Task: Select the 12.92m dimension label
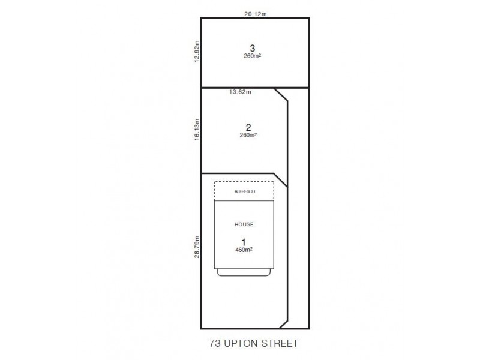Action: (x=196, y=52)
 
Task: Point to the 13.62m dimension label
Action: (x=241, y=92)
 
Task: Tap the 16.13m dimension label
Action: (x=196, y=129)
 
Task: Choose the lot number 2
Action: (x=248, y=127)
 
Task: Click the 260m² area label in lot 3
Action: (x=253, y=56)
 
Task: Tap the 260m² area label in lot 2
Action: (x=248, y=135)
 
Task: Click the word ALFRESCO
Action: (x=244, y=191)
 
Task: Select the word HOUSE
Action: (x=244, y=224)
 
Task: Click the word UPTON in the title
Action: (x=239, y=344)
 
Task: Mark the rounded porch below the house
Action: (x=244, y=272)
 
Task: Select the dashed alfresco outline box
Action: (x=244, y=182)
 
